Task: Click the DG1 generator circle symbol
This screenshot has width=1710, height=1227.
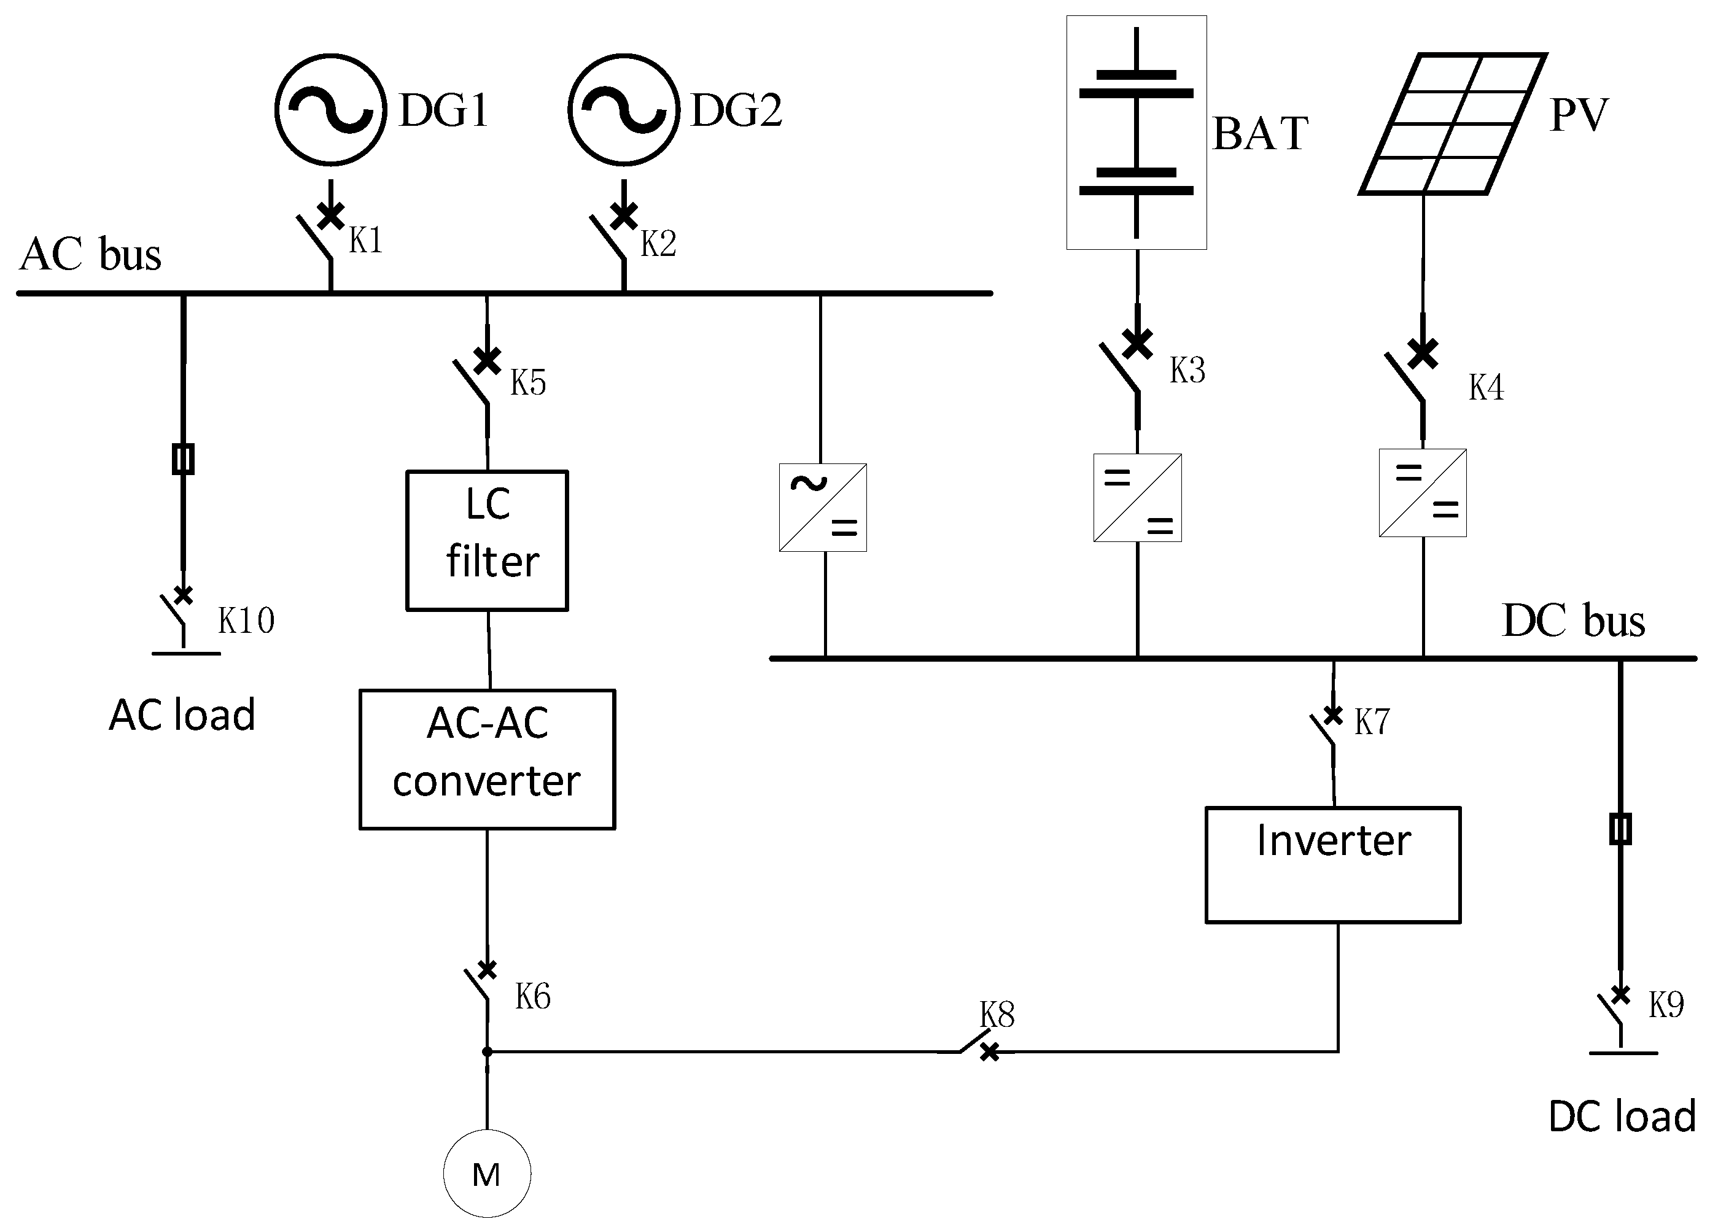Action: (330, 109)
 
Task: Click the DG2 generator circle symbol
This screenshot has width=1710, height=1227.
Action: (624, 109)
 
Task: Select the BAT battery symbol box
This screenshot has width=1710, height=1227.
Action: (1137, 133)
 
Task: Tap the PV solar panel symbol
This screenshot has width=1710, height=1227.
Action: (1453, 123)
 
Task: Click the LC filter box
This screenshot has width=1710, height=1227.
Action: (487, 540)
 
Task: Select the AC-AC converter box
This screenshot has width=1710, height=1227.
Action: (487, 759)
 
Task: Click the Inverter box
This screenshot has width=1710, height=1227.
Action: (1333, 864)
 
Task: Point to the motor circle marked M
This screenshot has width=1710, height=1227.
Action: (487, 1174)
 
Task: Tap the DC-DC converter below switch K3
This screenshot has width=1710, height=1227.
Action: (1137, 497)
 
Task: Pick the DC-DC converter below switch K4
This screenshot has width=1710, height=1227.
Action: (1423, 493)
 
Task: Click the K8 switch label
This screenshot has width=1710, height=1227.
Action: (997, 1015)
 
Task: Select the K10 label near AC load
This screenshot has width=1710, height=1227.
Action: (246, 621)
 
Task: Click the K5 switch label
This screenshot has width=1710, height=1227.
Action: (528, 382)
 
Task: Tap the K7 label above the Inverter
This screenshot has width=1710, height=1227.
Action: (1372, 722)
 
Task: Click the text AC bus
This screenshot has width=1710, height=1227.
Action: (90, 254)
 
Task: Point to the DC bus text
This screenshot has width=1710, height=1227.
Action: (1574, 621)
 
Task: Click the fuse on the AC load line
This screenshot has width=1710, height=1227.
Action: (183, 459)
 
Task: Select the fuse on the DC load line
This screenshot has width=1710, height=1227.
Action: (1620, 829)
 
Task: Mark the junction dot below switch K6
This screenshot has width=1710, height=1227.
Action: (487, 1051)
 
